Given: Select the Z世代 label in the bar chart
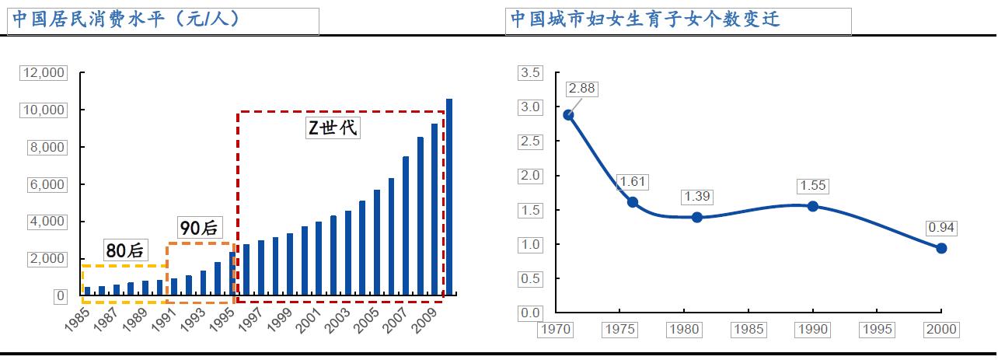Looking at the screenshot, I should coord(333,128).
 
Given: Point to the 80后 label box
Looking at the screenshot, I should coord(126,250).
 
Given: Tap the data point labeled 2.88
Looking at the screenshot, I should coord(568,114).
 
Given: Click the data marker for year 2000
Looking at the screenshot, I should coord(941,248).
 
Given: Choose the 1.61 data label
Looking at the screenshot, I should coord(633,182).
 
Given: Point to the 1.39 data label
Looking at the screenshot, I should coord(697,197).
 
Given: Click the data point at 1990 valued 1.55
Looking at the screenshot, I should coord(813,206).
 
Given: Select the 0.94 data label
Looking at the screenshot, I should coord(941,228).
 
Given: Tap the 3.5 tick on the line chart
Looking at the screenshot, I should coord(530,73).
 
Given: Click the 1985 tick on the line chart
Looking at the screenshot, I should coord(749,330).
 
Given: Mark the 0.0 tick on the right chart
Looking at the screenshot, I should coord(530,313).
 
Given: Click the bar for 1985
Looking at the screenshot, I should coord(87,291).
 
